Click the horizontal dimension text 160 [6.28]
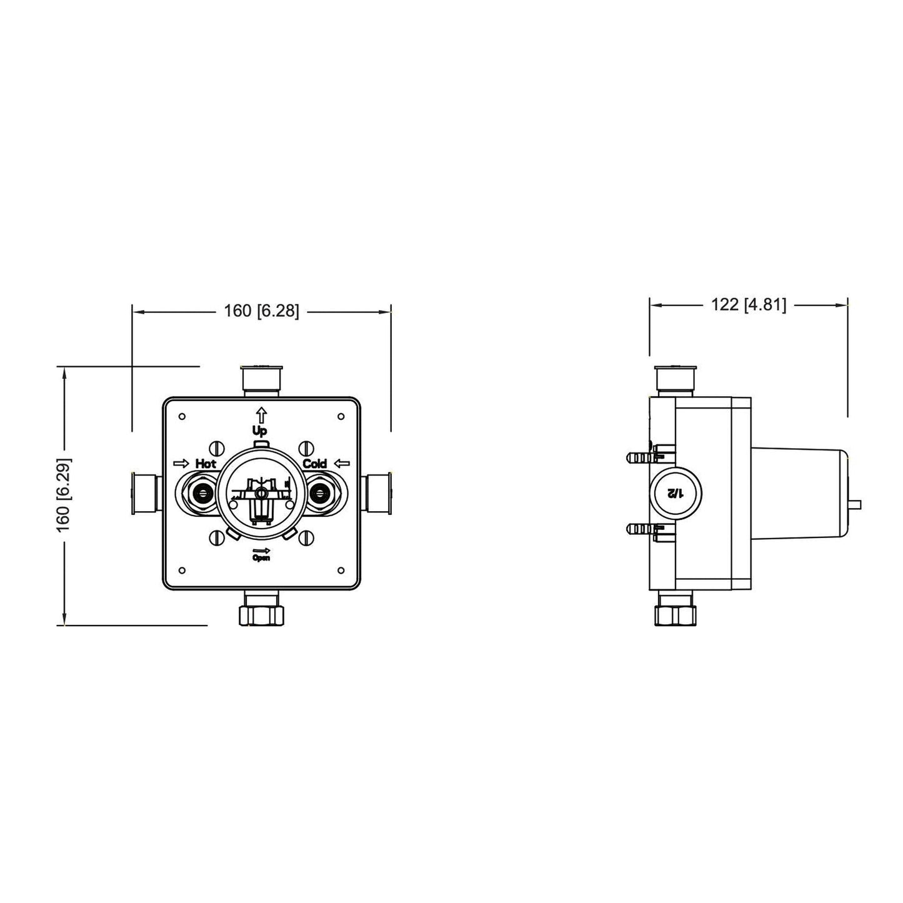261,311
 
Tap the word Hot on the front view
206,464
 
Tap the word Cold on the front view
314,464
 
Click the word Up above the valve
259,431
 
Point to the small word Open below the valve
261,558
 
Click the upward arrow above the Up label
261,413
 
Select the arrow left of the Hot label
181,463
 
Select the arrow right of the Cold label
342,463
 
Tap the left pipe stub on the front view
144,494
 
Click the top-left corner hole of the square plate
182,416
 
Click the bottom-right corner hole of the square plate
341,570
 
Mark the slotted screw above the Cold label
306,448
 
